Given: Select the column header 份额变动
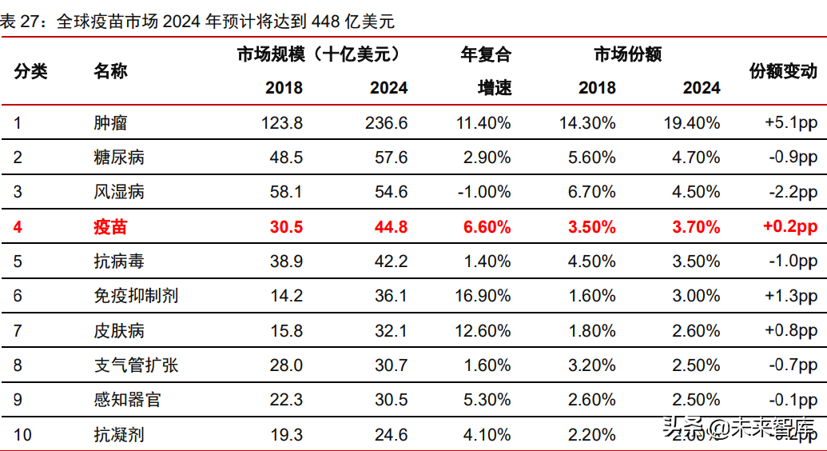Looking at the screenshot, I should [x=783, y=71].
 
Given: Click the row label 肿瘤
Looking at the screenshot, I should [x=110, y=123].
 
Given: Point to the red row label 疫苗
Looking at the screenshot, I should [x=110, y=227].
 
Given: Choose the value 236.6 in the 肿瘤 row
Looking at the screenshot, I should [x=388, y=123].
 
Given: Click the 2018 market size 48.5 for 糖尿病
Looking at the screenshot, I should [x=286, y=158].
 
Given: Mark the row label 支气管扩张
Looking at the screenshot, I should [x=136, y=365].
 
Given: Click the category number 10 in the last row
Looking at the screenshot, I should [x=22, y=435].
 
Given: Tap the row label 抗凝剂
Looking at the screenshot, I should [x=119, y=435].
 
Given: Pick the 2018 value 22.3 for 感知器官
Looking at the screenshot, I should [x=286, y=400].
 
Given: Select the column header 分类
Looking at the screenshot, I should [x=31, y=71].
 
